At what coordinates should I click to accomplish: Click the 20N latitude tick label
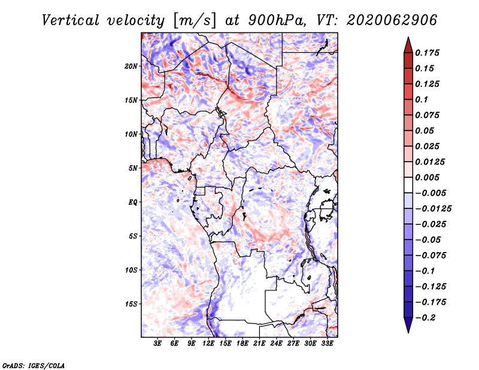(132, 66)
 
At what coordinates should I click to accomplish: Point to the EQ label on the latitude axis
(133, 202)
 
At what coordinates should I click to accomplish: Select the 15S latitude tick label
(132, 304)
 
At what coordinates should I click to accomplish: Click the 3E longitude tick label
(158, 344)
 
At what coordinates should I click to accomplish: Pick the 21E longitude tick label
(259, 344)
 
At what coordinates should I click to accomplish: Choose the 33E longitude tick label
(327, 344)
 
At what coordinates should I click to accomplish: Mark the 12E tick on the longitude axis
(208, 344)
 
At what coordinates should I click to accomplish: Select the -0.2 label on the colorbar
(428, 317)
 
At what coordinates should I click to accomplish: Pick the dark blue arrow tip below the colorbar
(408, 328)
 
